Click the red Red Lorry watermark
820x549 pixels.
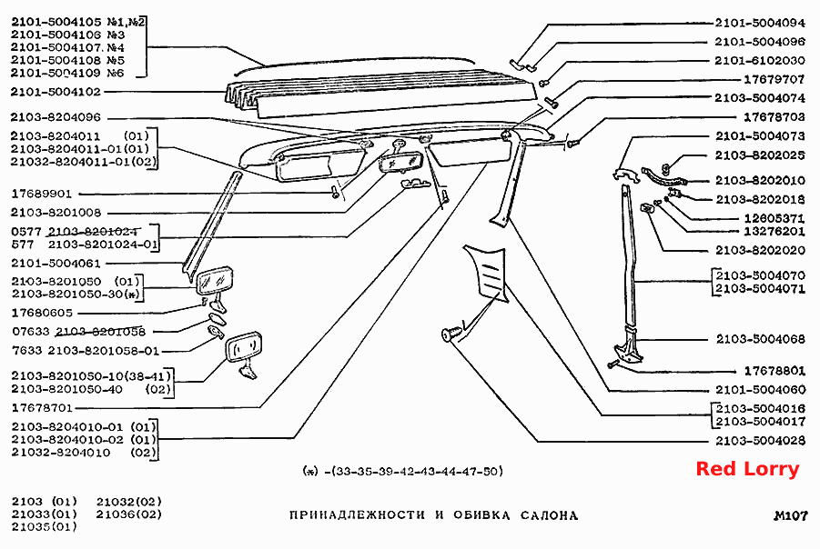(747, 469)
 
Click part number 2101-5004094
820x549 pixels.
(760, 23)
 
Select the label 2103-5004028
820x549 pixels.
(760, 441)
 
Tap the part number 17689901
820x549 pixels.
(41, 195)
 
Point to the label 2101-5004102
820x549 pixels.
(56, 92)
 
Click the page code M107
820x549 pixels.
(790, 516)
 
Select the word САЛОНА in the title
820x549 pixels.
(549, 515)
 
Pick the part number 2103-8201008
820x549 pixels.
(56, 213)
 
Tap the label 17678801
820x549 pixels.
(774, 371)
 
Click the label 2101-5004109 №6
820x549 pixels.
(67, 73)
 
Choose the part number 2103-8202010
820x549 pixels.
(760, 181)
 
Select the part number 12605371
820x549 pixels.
(774, 218)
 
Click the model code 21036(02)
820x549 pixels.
(128, 514)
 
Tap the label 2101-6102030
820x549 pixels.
(760, 61)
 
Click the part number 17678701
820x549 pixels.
(42, 407)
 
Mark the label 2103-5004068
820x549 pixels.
(760, 340)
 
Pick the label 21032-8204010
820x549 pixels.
(61, 453)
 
